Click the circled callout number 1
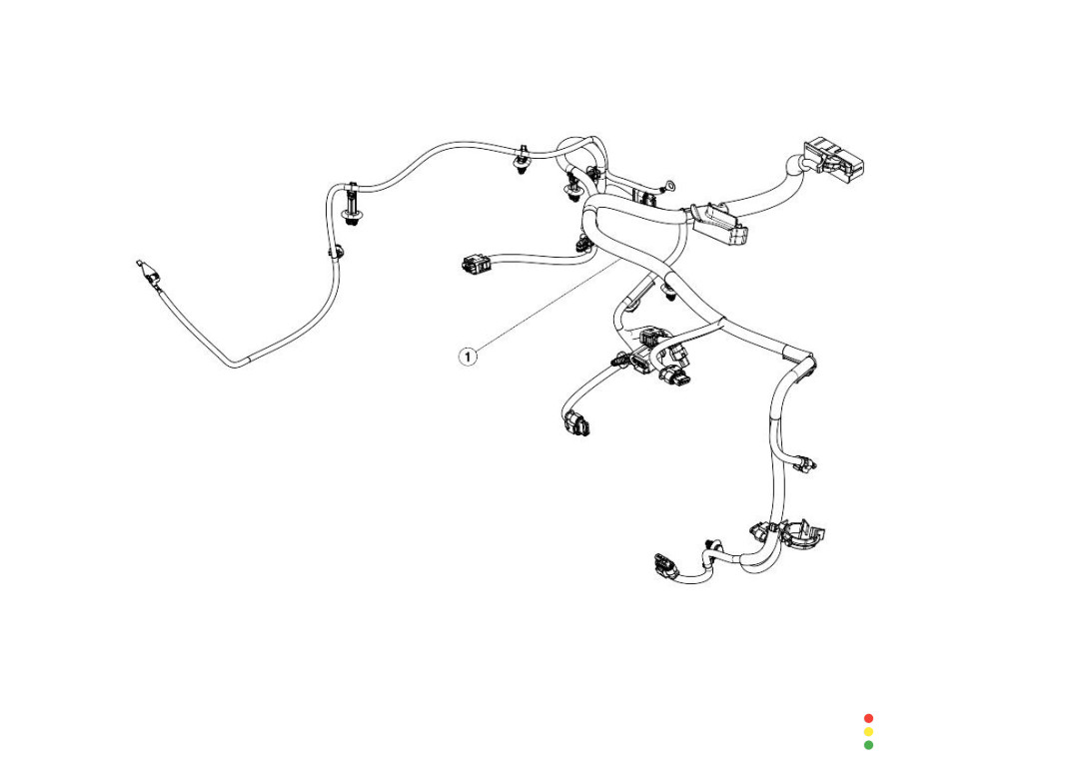[467, 356]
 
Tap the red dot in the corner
[868, 718]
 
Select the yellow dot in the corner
[868, 731]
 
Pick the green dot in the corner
[868, 745]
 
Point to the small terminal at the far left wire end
[143, 267]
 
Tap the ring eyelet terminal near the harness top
[668, 184]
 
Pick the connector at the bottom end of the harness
[666, 566]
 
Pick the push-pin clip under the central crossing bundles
[668, 291]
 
